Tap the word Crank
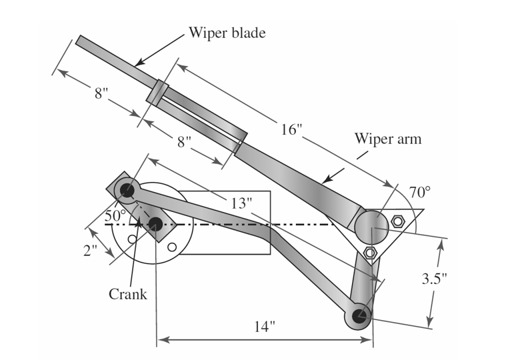click(x=127, y=293)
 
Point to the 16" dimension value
click(x=291, y=129)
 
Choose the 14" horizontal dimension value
click(x=265, y=327)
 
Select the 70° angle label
click(x=419, y=193)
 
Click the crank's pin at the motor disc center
click(x=155, y=224)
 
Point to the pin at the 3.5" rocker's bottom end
click(x=359, y=315)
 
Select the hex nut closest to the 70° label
click(x=398, y=221)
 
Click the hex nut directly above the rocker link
click(x=371, y=253)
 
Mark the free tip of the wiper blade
click(x=79, y=40)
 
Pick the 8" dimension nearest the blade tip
click(x=101, y=93)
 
